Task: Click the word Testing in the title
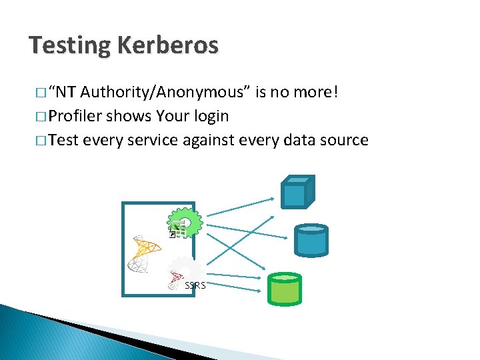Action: (70, 46)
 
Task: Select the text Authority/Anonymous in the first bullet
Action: (166, 92)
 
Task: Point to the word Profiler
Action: (76, 116)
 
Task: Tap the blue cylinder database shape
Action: (311, 240)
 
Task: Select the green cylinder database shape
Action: (283, 288)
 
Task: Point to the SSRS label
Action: (195, 285)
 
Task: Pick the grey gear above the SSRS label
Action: (188, 269)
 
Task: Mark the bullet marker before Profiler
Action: (41, 117)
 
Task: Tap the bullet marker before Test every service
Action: (41, 141)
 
